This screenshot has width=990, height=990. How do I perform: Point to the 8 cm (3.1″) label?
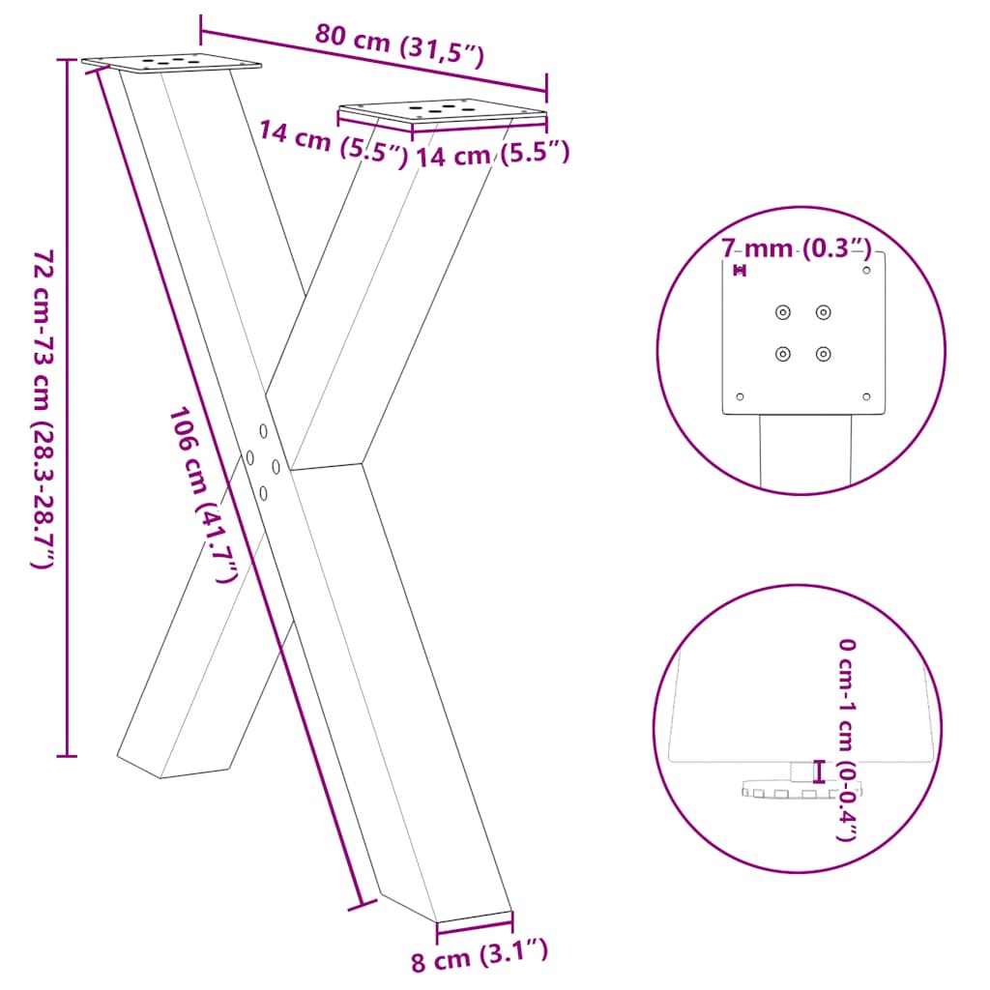point(480,959)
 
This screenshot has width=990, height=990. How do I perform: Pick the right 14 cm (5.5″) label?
point(492,154)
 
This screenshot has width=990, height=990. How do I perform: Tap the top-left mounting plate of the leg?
point(172,63)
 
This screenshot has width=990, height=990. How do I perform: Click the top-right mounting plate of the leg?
point(442,111)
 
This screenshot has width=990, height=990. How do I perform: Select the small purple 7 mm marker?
point(741,271)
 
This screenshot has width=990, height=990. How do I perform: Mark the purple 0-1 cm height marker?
point(820,771)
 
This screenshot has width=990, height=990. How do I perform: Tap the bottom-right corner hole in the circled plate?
point(865,396)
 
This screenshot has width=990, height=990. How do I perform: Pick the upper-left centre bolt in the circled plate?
point(782,311)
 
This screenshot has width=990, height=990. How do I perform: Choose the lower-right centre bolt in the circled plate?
point(823,354)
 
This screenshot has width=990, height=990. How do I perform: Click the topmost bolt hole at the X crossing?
point(262,427)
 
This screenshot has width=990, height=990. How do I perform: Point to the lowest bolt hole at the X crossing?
point(264,492)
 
